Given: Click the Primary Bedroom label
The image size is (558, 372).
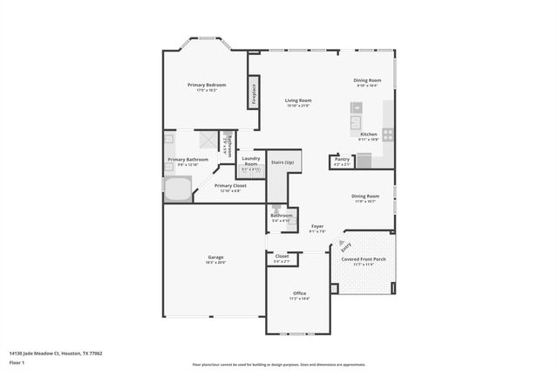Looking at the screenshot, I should coord(207,85).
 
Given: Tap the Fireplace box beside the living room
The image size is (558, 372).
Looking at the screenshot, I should coord(255,92).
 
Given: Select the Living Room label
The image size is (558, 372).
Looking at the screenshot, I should coord(298,100).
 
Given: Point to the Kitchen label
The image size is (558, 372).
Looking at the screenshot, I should coord(369,134).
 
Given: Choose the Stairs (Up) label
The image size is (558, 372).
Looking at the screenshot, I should coord(282,162).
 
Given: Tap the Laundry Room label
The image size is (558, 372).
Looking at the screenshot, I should coord(251,162).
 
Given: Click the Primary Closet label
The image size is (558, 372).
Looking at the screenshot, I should coord(230,186).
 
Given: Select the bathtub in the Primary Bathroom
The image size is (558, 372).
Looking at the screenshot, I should coord(177,190).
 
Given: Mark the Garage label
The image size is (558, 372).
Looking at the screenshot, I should coord(215,258).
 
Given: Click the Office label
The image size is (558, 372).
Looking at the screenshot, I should coord(299,294).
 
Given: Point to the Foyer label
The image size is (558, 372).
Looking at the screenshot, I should coord(317,226).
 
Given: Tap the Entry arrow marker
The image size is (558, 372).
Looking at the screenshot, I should coord(345,245).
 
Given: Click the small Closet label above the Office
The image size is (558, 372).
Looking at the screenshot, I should coord(282,258).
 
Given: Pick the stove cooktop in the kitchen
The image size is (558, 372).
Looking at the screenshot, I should coord(387,135).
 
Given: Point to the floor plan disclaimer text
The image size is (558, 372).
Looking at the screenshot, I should coord(278,363).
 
